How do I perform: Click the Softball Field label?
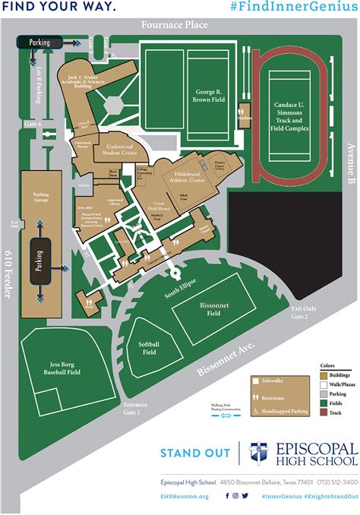149,348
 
